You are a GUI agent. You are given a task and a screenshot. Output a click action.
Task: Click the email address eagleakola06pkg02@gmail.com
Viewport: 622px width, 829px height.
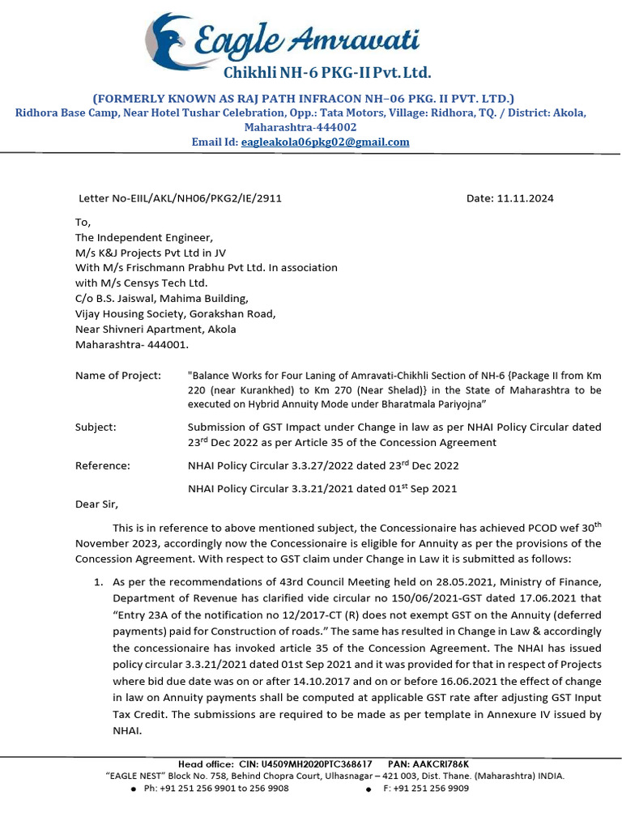click(x=325, y=142)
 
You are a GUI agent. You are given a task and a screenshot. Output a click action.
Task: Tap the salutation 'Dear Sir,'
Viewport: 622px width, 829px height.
click(x=96, y=504)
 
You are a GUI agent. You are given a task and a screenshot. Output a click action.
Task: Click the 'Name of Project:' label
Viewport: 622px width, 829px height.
click(x=118, y=375)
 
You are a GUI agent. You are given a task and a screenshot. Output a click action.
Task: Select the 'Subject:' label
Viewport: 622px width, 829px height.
click(x=96, y=427)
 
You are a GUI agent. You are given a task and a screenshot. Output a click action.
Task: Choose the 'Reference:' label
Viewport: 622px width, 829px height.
click(x=102, y=466)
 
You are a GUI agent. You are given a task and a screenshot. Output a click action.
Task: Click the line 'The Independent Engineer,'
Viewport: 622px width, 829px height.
click(x=143, y=237)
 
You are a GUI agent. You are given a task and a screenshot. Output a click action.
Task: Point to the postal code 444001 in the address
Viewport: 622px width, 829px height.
click(x=168, y=344)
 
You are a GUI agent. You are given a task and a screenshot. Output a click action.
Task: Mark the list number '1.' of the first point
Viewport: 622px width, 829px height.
click(x=98, y=581)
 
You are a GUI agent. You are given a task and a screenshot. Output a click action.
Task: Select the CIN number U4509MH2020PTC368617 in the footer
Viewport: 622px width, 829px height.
click(x=316, y=763)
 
